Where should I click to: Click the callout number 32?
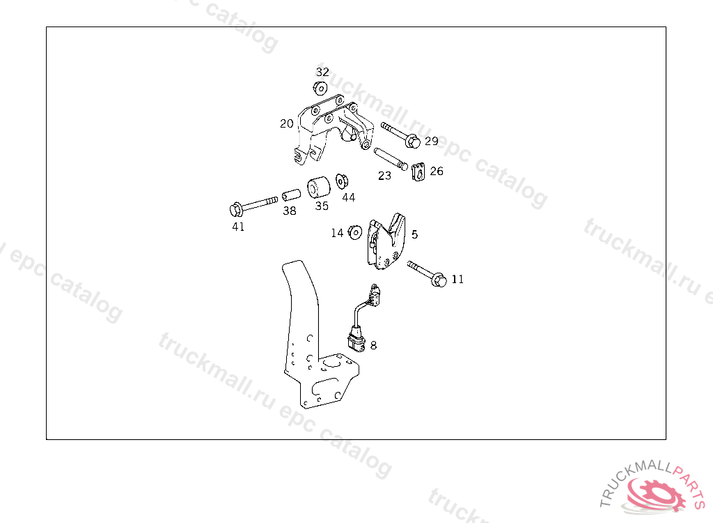click(322, 72)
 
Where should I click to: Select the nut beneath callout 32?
click(320, 88)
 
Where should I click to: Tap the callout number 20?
click(286, 123)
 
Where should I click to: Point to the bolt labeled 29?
click(400, 135)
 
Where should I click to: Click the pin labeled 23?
click(391, 159)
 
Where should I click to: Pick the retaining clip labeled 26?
click(418, 172)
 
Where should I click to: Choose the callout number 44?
click(348, 197)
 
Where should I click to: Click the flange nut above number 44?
click(342, 181)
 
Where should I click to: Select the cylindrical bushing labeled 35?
click(318, 187)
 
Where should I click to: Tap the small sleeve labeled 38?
click(292, 195)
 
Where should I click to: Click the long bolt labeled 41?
click(253, 205)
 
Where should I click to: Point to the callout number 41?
click(238, 227)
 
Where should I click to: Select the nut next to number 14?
click(354, 233)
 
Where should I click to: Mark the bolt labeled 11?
click(427, 274)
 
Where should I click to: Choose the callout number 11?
click(457, 279)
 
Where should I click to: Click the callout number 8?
click(373, 345)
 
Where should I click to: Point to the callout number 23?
click(384, 176)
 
